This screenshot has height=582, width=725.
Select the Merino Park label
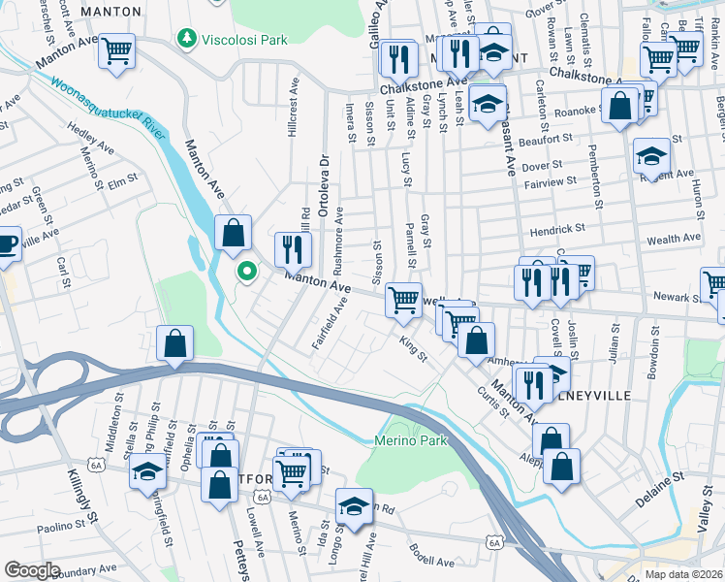(x=411, y=440)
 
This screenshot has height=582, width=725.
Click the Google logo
(x=31, y=570)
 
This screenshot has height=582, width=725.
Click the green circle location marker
(x=247, y=272)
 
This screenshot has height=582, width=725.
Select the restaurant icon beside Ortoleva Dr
(x=292, y=249)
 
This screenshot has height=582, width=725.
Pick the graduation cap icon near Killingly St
(x=147, y=471)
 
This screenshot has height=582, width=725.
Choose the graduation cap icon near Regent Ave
(x=650, y=155)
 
